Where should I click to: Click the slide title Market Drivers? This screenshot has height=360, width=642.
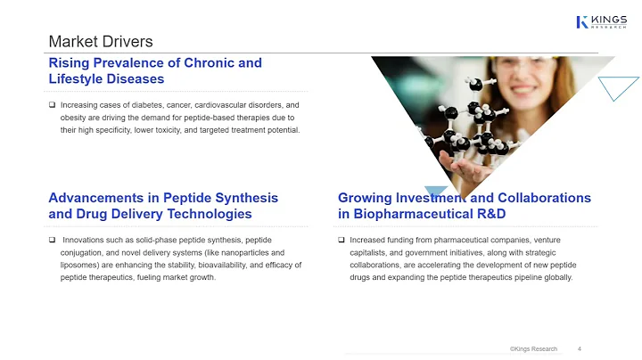point(100,42)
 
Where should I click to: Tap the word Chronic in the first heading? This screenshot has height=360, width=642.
point(215,63)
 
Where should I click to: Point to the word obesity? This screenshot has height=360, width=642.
point(75,118)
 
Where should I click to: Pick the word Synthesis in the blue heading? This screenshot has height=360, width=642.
point(243,198)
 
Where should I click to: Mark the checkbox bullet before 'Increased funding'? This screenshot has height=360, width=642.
point(342,241)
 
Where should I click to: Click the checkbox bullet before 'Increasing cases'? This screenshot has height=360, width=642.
point(52,105)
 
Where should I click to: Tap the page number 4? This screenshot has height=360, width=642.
point(580,348)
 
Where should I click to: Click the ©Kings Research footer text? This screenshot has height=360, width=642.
point(533,348)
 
